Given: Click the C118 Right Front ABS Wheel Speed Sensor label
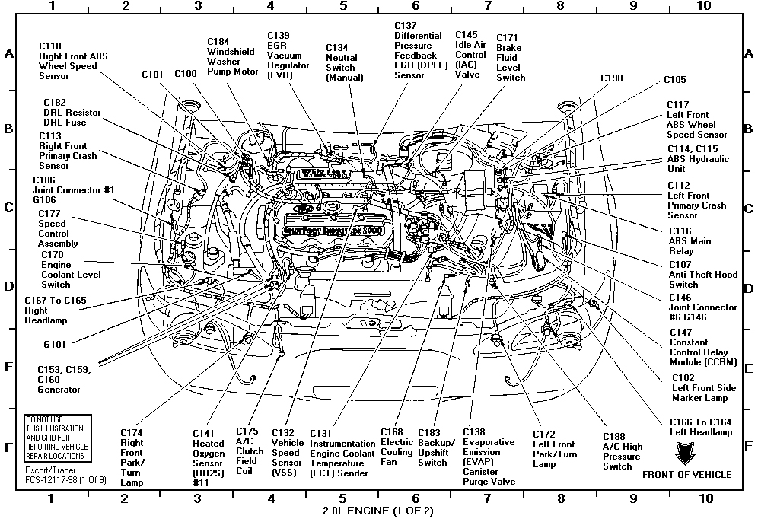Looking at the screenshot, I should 73,61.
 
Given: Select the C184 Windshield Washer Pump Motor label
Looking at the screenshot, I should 233,56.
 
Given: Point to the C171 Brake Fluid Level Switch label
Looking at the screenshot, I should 511,57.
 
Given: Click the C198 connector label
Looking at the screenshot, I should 611,78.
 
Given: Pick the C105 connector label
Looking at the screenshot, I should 674,79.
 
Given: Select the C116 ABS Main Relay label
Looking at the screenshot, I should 690,240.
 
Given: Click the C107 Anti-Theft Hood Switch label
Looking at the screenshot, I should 702,274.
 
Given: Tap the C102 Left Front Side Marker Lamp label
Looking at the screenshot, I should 704,388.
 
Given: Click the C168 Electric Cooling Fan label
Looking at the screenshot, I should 396,447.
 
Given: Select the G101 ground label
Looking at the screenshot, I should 56,344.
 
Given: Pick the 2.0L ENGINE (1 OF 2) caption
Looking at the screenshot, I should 378,509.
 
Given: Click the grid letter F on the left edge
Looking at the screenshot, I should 10,446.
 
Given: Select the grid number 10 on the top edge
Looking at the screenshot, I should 704,6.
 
